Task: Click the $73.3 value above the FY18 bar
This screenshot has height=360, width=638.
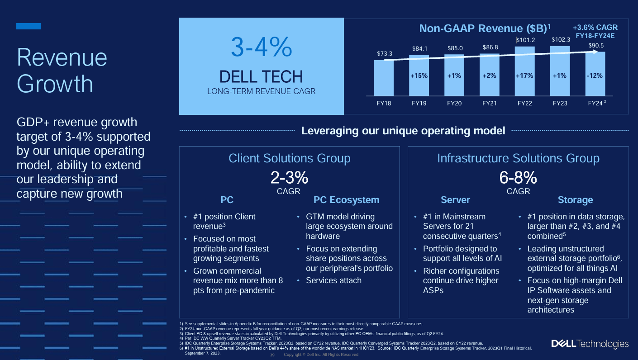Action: [x=384, y=54]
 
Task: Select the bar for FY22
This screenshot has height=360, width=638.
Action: [x=524, y=72]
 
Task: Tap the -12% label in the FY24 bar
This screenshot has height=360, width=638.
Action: [x=595, y=76]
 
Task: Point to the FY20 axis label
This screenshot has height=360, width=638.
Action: [x=454, y=103]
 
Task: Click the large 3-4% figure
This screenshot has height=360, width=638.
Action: [x=261, y=47]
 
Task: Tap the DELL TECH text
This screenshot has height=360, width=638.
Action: [x=261, y=76]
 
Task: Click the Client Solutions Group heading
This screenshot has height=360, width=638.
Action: [x=289, y=158]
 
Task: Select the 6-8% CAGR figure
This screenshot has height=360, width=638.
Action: [x=518, y=178]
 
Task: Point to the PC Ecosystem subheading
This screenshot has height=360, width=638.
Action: [x=346, y=200]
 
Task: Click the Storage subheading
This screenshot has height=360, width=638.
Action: [x=575, y=200]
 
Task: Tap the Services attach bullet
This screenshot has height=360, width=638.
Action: [x=333, y=280]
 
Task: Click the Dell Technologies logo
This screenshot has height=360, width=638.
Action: [x=590, y=344]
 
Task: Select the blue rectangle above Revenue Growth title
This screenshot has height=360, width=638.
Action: [x=29, y=26]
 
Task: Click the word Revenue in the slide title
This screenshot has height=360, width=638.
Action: [x=62, y=58]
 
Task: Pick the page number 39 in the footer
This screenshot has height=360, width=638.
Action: [x=272, y=355]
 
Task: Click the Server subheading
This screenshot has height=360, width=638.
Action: [x=455, y=200]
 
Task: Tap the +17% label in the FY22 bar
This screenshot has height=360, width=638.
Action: [x=524, y=76]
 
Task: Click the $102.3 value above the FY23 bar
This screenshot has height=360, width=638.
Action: [x=560, y=40]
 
